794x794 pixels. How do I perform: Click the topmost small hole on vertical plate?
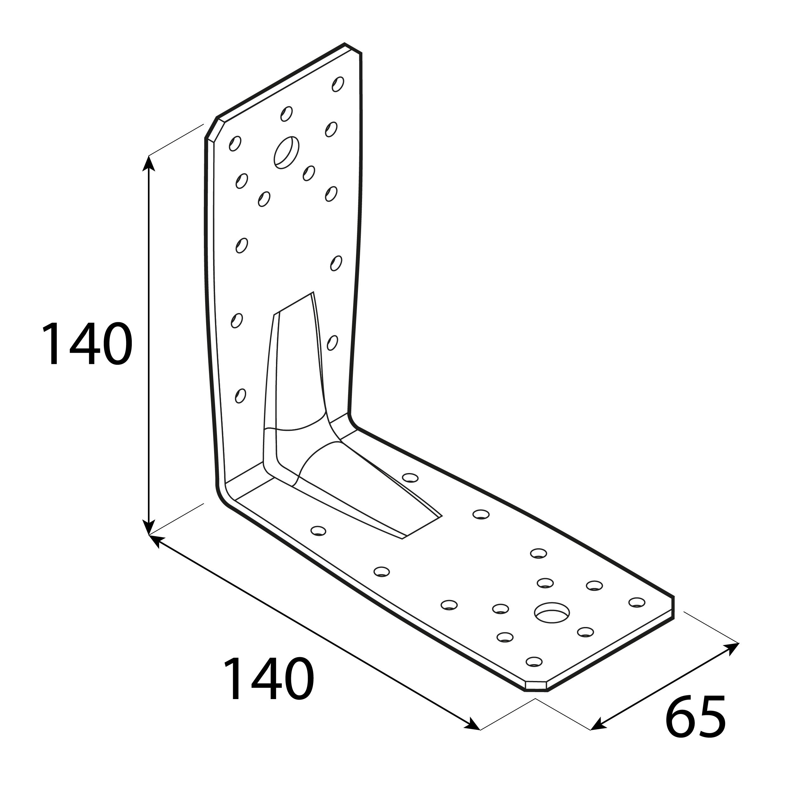click(338, 84)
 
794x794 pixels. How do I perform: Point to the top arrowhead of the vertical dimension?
click(149, 163)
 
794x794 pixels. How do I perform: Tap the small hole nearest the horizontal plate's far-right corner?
click(637, 603)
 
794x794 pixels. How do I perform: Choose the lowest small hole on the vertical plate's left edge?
click(240, 396)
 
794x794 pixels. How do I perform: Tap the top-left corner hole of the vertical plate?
click(235, 143)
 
